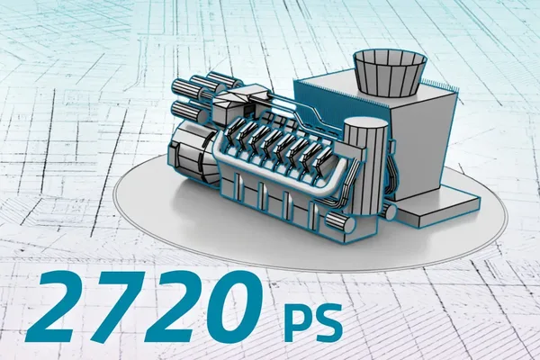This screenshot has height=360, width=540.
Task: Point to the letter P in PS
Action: coord(296,320)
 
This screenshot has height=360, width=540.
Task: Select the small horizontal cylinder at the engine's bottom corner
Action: coord(340,222)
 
